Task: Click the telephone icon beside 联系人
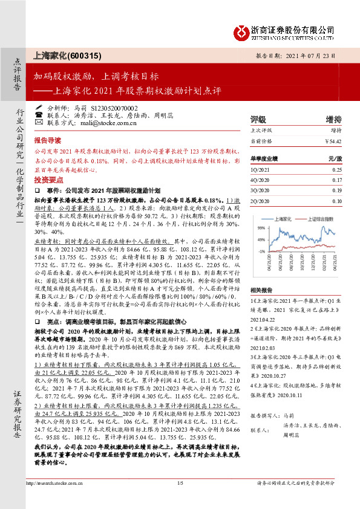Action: pyautogui.click(x=39, y=114)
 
